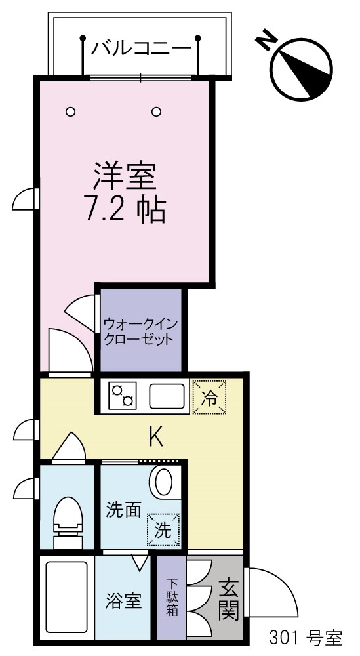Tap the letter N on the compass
click(266, 41)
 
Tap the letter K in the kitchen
click(155, 436)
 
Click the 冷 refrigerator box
click(210, 397)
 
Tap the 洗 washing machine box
click(163, 529)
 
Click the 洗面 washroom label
click(124, 510)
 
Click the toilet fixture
click(67, 518)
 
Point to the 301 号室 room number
click(306, 637)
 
